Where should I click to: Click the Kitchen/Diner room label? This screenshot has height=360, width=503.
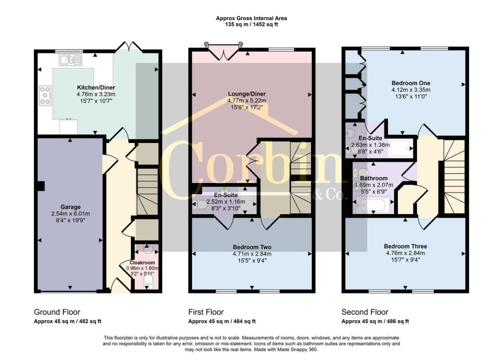(96, 87)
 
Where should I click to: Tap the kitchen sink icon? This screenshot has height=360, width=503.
(70, 60)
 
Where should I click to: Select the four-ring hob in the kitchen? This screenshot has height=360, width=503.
(45, 95)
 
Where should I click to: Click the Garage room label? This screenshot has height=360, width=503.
(71, 207)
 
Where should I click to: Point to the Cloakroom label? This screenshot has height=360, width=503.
(142, 262)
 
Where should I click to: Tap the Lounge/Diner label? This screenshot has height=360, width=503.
(247, 94)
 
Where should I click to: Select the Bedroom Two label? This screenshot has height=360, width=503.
(252, 247)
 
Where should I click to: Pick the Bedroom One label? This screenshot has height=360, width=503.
(411, 83)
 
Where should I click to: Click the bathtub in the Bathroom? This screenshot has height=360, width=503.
(373, 205)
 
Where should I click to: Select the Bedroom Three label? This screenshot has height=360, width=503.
(405, 247)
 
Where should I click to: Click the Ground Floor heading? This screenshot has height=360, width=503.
(57, 312)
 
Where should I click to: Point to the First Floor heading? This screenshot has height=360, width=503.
(206, 312)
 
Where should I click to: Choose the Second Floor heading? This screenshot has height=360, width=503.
(365, 312)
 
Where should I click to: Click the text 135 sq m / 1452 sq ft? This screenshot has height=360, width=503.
(251, 25)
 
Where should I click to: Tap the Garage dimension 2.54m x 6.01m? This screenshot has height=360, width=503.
(71, 214)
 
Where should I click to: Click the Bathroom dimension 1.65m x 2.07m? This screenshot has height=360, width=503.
(374, 185)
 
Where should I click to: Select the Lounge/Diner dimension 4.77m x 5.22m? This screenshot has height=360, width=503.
(247, 101)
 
